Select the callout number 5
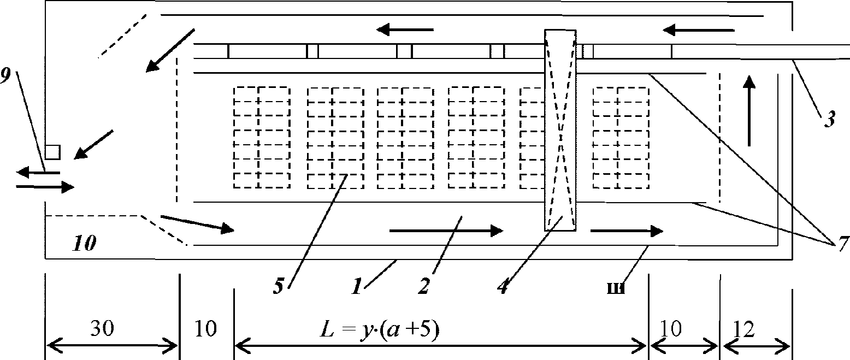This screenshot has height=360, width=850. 279,287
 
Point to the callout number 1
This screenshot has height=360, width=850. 356,287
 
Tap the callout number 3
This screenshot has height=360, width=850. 829,120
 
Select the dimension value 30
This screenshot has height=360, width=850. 103,329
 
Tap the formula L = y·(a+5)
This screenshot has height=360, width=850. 380,329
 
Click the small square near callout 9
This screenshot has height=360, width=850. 52,151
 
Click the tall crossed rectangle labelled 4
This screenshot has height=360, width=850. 560,130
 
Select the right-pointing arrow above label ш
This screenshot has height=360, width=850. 627,231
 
